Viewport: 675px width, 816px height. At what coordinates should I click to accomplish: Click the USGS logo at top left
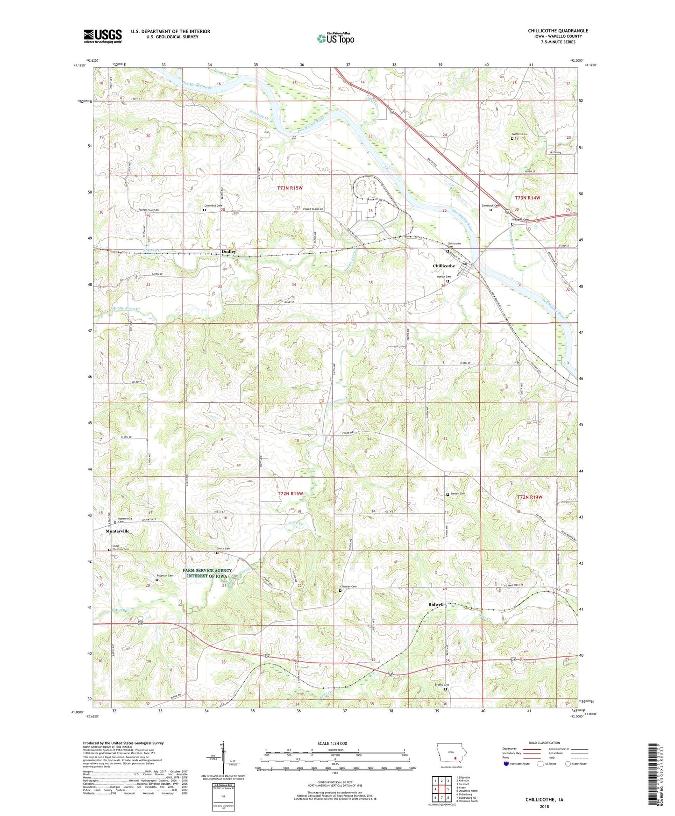[102, 36]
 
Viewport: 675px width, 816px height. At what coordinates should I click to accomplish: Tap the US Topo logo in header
[335, 38]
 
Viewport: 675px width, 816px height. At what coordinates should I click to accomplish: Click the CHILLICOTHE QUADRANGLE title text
[558, 31]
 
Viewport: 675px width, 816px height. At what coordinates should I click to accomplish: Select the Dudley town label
[228, 251]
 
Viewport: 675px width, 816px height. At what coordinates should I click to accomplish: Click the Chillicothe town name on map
[443, 266]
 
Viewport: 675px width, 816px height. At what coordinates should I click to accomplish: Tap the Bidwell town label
[436, 604]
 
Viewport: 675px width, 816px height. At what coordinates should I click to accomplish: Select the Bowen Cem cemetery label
[458, 494]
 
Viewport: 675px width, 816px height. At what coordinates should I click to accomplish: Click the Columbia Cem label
[213, 206]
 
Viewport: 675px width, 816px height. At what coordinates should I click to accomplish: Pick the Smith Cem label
[223, 548]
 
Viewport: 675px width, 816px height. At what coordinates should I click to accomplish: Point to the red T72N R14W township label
[529, 497]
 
